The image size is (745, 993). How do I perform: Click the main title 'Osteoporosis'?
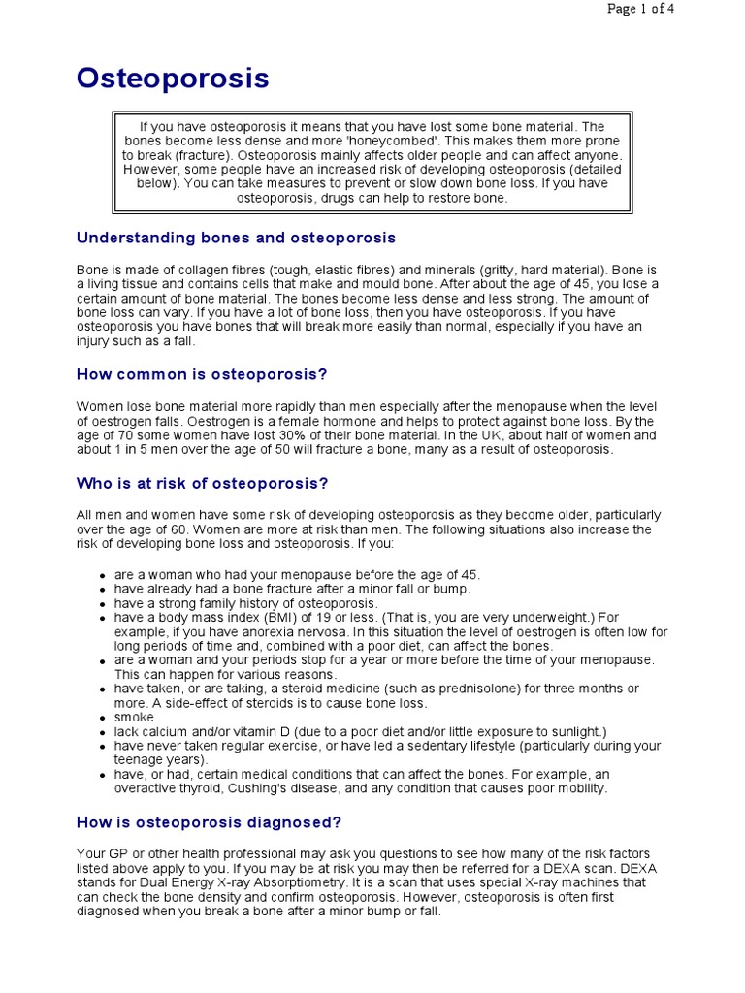tap(173, 80)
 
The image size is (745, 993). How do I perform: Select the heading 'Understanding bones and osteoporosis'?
tap(236, 238)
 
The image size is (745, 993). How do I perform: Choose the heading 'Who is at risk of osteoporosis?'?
tap(202, 483)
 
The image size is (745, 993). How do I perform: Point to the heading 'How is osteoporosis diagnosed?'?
tap(209, 822)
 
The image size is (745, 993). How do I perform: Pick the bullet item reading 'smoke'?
tap(134, 717)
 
